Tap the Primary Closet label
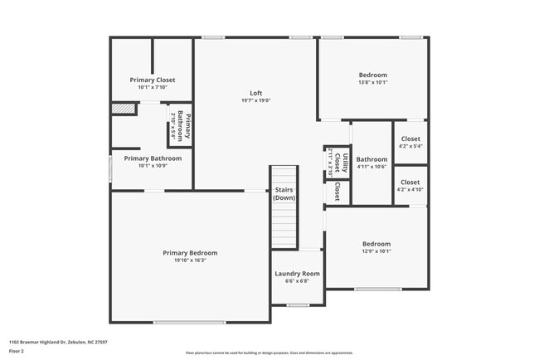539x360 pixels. click(x=153, y=80)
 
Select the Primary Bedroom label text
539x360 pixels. click(x=190, y=253)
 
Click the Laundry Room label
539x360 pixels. click(x=297, y=274)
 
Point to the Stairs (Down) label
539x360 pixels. click(x=284, y=194)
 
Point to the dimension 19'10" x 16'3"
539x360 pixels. click(x=190, y=260)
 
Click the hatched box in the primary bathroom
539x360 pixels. click(x=124, y=109)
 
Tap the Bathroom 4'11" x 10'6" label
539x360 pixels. click(x=371, y=163)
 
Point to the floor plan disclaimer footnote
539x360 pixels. click(x=269, y=353)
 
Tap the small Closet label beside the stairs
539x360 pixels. click(x=337, y=192)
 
